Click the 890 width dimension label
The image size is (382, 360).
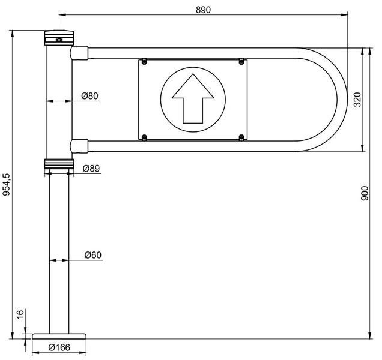click(x=203, y=10)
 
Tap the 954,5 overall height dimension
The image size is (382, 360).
click(x=7, y=185)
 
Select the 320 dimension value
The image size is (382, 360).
click(x=357, y=100)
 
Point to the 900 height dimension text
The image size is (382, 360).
click(x=365, y=193)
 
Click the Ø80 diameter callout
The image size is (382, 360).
click(x=89, y=96)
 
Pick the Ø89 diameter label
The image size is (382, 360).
click(x=91, y=168)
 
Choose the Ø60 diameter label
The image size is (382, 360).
click(x=93, y=255)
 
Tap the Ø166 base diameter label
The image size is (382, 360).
click(x=59, y=347)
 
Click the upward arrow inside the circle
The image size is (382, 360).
click(x=193, y=98)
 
